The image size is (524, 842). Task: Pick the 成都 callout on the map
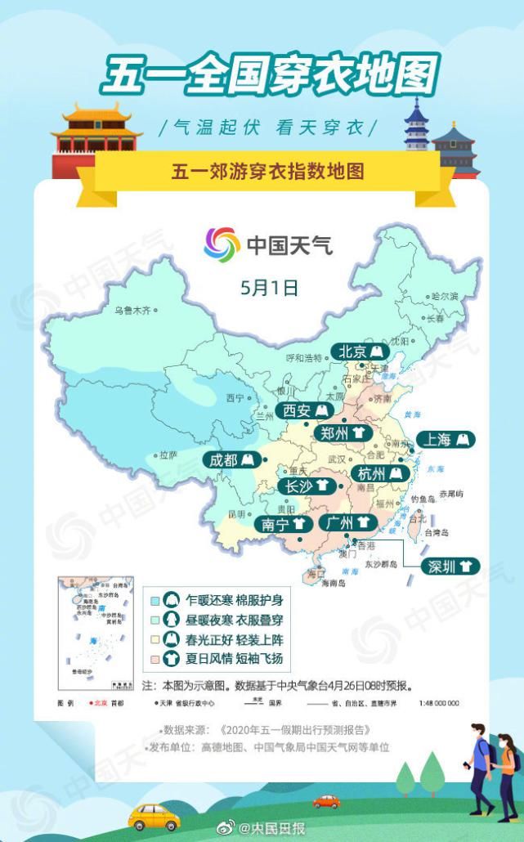pyautogui.click(x=232, y=460)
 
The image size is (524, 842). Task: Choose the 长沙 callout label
pyautogui.click(x=306, y=486)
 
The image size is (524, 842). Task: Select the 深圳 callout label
pyautogui.click(x=450, y=566)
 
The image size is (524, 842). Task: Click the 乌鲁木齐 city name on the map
pyautogui.click(x=132, y=311)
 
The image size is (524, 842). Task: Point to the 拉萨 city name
pyautogui.click(x=168, y=455)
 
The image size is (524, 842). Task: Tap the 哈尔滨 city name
pyautogui.click(x=445, y=296)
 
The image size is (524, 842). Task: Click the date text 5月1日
pyautogui.click(x=269, y=287)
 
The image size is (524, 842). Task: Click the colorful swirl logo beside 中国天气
pyautogui.click(x=222, y=244)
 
